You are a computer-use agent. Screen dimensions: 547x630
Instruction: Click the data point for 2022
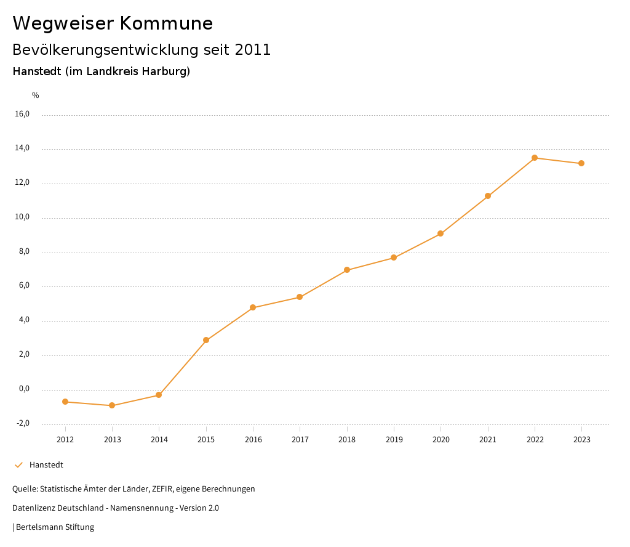pyautogui.click(x=535, y=158)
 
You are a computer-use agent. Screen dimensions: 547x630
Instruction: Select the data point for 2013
pyautogui.click(x=112, y=405)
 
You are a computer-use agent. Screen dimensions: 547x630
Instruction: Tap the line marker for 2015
pyautogui.click(x=206, y=340)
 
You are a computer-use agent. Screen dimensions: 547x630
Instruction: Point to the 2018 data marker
pyautogui.click(x=347, y=270)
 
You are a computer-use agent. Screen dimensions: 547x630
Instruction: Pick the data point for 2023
pyautogui.click(x=581, y=163)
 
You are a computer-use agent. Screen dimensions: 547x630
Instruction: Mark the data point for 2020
pyautogui.click(x=441, y=233)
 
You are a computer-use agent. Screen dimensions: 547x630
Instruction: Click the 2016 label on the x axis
pyautogui.click(x=253, y=440)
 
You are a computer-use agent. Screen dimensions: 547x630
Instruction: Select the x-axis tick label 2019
pyautogui.click(x=394, y=440)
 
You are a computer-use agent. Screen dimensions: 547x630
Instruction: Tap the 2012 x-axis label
pyautogui.click(x=65, y=440)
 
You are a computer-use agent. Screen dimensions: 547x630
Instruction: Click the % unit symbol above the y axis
pyautogui.click(x=36, y=95)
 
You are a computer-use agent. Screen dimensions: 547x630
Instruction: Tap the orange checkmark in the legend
pyautogui.click(x=18, y=465)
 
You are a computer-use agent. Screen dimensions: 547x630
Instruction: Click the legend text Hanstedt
pyautogui.click(x=46, y=465)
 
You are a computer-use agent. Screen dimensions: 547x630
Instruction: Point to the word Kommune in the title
pyautogui.click(x=166, y=23)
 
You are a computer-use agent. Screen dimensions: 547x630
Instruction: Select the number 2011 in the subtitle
pyautogui.click(x=252, y=50)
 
